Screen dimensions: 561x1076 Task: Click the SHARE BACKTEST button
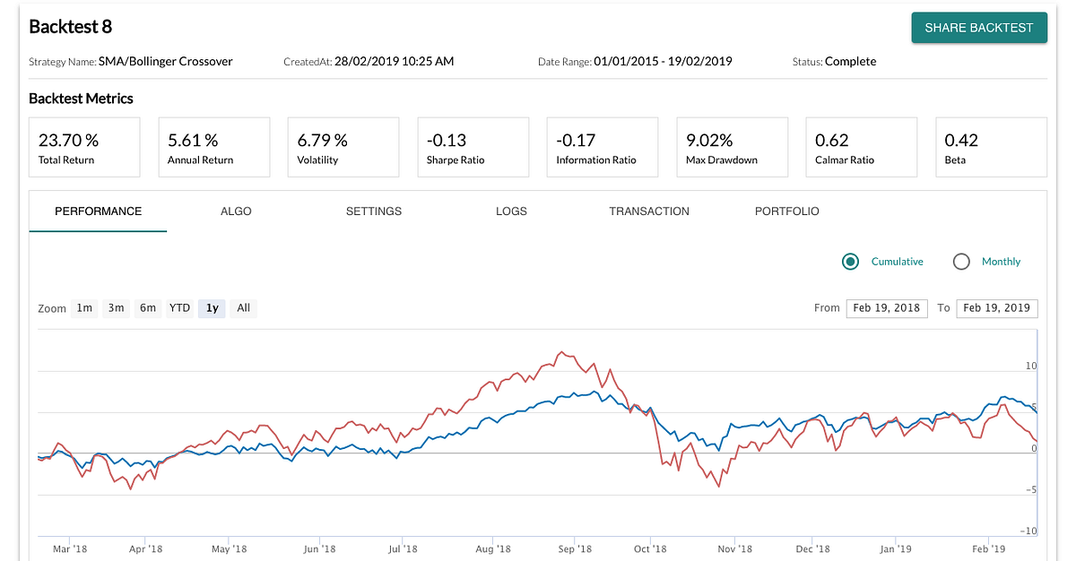(x=978, y=28)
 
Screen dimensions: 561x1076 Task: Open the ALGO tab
(x=236, y=211)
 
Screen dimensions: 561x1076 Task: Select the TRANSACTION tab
(x=649, y=211)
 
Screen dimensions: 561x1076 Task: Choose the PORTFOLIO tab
(x=786, y=211)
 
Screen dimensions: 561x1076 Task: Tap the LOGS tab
(x=511, y=211)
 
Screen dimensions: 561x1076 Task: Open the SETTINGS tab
(x=374, y=211)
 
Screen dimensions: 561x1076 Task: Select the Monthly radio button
(x=962, y=262)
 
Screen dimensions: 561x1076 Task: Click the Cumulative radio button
(x=851, y=262)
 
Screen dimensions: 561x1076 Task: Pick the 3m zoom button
(x=116, y=308)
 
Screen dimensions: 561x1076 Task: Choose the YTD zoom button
(x=179, y=308)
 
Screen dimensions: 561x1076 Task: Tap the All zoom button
(x=243, y=308)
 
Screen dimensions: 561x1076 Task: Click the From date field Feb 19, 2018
(x=886, y=308)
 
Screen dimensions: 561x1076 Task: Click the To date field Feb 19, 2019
(x=997, y=308)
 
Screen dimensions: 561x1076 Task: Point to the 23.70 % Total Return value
(x=68, y=140)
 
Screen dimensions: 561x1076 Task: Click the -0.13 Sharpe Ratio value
(x=447, y=140)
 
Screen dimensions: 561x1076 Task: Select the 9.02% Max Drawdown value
(x=709, y=140)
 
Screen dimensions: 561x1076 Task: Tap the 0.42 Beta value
(x=961, y=140)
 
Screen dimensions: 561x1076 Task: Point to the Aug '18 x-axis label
(x=492, y=549)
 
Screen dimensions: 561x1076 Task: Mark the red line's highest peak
(x=560, y=352)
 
